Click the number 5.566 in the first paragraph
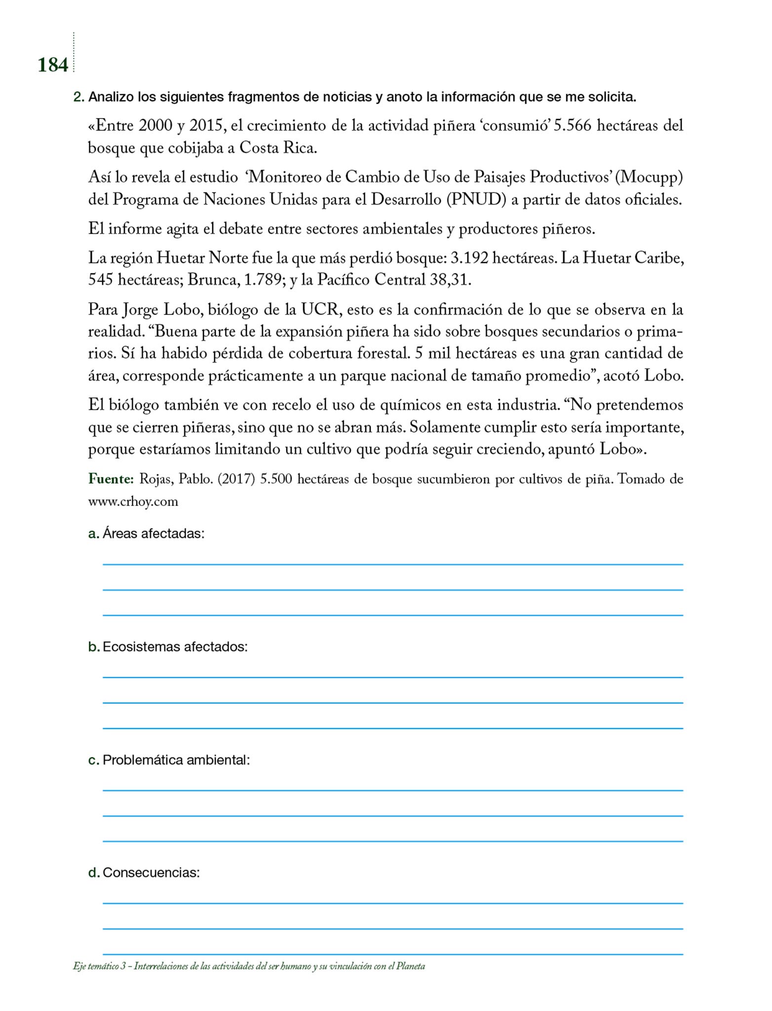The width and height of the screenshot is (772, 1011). point(572,126)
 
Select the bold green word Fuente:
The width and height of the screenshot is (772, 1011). point(111,479)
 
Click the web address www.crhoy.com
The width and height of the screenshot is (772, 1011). point(133,502)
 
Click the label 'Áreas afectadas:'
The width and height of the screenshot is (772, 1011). point(153,534)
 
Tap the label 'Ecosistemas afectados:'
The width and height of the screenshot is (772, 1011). point(175,647)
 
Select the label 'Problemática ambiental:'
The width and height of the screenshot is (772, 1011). point(176,760)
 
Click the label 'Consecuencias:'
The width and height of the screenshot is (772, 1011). point(151,873)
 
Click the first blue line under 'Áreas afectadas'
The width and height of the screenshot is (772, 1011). point(392,564)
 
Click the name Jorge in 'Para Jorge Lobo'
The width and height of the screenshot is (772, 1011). point(140,310)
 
